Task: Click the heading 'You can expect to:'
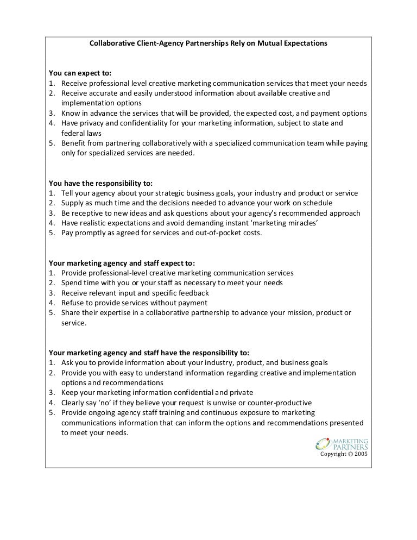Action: (x=80, y=73)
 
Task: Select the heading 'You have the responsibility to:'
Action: (x=101, y=183)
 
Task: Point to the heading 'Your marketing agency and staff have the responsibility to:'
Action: (x=149, y=353)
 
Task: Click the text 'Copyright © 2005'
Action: (x=344, y=454)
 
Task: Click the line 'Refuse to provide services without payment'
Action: (x=134, y=303)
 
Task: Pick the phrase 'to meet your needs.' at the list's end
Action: (x=94, y=433)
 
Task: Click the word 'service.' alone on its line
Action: (x=74, y=322)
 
